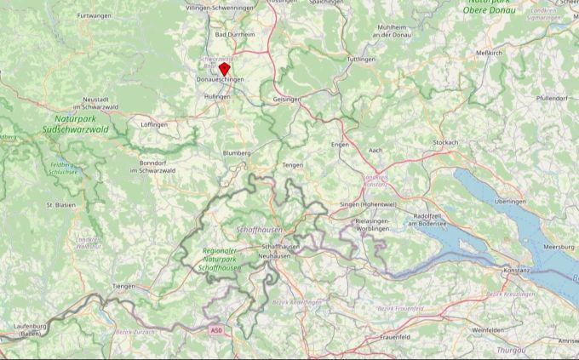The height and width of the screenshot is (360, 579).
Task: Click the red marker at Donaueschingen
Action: pyautogui.click(x=224, y=68)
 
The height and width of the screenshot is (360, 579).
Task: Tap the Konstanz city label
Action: pyautogui.click(x=516, y=270)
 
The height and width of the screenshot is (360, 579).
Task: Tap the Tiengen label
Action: pyautogui.click(x=124, y=286)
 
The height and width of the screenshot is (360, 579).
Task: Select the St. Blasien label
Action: pyautogui.click(x=61, y=205)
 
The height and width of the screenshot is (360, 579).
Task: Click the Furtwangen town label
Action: pyautogui.click(x=95, y=16)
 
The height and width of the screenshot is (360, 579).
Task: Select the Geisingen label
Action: pyautogui.click(x=287, y=99)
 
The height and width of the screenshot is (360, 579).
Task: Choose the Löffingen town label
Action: pyautogui.click(x=154, y=124)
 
